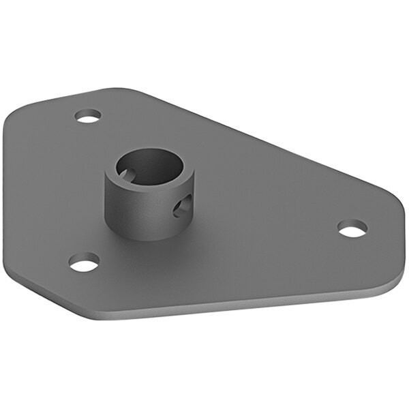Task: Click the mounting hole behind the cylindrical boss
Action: [x=88, y=116]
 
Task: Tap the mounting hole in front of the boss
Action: [x=85, y=262]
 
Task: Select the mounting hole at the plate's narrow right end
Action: [x=352, y=228]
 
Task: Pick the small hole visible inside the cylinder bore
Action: [x=125, y=174]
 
